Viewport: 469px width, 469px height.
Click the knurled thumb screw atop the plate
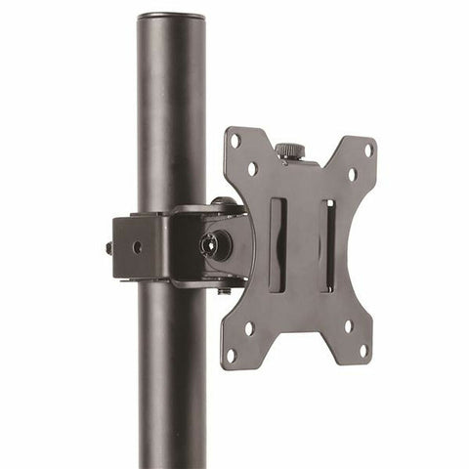point(288,151)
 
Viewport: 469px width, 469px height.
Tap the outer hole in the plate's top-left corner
point(235,140)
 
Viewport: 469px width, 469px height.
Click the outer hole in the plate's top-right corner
point(368,150)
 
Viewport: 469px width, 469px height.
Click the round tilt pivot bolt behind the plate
point(214,245)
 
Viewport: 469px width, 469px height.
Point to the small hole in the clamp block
point(137,247)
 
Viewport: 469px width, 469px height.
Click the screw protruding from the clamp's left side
point(107,247)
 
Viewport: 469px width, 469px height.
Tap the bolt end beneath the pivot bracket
point(224,290)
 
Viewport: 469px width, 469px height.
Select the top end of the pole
point(171,19)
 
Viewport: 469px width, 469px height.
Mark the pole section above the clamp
point(171,117)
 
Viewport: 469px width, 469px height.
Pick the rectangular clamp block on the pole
point(142,247)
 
